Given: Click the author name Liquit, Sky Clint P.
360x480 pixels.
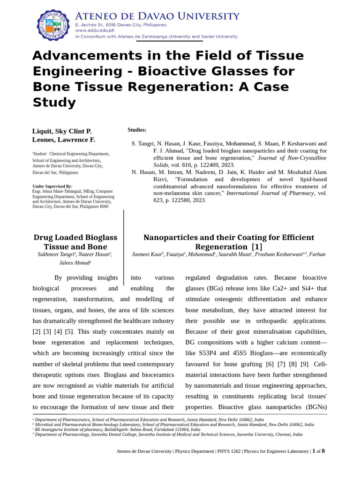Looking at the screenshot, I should [x=62, y=131].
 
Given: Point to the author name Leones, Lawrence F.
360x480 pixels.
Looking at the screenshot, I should [x=64, y=140].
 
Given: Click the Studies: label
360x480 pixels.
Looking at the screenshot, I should [x=137, y=130].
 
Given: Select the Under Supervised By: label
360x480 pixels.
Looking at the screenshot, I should [x=52, y=187].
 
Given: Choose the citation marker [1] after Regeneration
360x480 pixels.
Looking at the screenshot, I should [x=257, y=247].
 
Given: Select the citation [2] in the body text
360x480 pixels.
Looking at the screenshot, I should [x=37, y=331].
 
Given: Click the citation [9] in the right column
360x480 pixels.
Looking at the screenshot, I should [x=305, y=364].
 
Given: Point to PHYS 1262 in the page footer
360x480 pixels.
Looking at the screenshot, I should [x=229, y=451].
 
